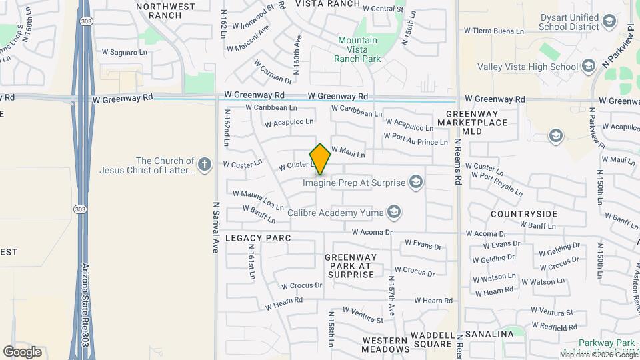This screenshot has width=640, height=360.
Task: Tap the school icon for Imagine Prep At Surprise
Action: pyautogui.click(x=416, y=181)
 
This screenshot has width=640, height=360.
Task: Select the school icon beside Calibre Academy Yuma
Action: pyautogui.click(x=394, y=213)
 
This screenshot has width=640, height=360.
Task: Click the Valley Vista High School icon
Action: pyautogui.click(x=588, y=66)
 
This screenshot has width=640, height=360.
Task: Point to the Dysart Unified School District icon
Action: pyautogui.click(x=609, y=22)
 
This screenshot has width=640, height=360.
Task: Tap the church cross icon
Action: pyautogui.click(x=205, y=162)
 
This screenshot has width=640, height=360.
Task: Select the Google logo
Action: pyautogui.click(x=22, y=351)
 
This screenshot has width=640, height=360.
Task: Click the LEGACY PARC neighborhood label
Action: pyautogui.click(x=258, y=237)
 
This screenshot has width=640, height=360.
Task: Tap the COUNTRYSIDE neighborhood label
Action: pyautogui.click(x=523, y=214)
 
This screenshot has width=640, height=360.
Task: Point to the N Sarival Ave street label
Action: pyautogui.click(x=216, y=227)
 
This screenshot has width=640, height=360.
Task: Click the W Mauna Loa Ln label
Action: pyautogui.click(x=258, y=198)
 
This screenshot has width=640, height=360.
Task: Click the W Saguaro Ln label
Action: pyautogui.click(x=124, y=52)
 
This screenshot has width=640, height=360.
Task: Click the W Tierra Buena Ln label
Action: pyautogui.click(x=494, y=31)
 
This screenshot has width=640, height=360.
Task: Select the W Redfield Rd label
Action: pyautogui.click(x=554, y=327)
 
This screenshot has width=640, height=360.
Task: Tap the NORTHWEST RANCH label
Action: pyautogui.click(x=165, y=11)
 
